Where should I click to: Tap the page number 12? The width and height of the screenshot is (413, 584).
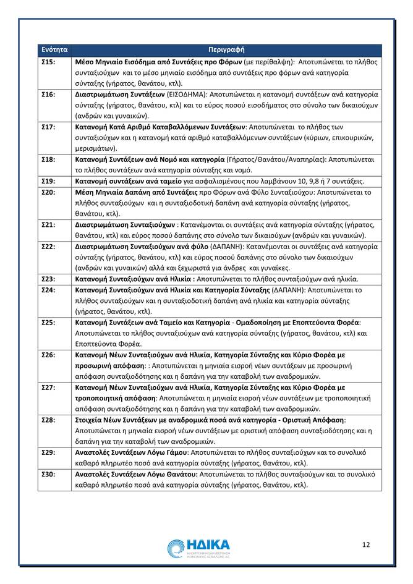(365, 544)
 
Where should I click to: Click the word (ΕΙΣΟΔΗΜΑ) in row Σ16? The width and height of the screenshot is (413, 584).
(189, 95)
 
